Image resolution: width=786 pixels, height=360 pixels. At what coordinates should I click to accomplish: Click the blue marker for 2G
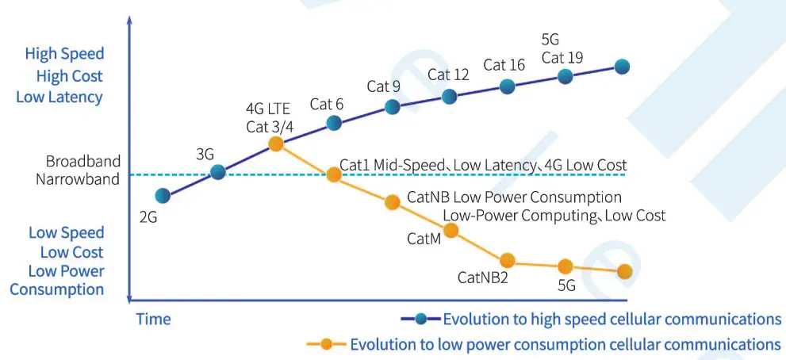tap(163, 196)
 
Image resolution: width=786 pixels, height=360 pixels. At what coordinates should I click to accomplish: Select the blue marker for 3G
tap(218, 171)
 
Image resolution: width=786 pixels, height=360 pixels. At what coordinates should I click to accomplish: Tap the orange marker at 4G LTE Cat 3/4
tap(276, 144)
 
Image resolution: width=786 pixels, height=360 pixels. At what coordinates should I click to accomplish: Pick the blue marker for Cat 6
tap(334, 123)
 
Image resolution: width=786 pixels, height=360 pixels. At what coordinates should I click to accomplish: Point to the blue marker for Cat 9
tap(392, 106)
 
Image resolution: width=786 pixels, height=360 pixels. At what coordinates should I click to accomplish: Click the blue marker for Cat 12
tap(449, 97)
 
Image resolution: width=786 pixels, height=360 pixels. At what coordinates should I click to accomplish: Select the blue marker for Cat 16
tap(507, 86)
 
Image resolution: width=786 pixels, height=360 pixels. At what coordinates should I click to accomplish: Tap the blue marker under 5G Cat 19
tap(565, 76)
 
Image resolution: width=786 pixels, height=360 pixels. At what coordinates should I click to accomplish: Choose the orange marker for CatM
tap(451, 230)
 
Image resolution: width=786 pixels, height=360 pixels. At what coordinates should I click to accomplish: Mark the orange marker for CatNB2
tap(507, 260)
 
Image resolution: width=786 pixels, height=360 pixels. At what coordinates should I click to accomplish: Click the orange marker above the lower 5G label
tap(565, 266)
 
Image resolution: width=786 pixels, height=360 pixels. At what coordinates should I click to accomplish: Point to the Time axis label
tap(153, 320)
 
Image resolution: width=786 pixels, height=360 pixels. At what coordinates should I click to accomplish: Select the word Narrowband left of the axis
tap(78, 179)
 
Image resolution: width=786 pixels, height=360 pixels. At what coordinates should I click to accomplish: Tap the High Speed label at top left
tap(64, 54)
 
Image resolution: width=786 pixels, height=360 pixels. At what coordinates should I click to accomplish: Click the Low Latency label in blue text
tap(59, 97)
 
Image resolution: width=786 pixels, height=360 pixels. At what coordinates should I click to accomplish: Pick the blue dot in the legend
tap(421, 320)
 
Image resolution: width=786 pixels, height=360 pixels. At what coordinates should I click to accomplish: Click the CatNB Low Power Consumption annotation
tap(514, 197)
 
